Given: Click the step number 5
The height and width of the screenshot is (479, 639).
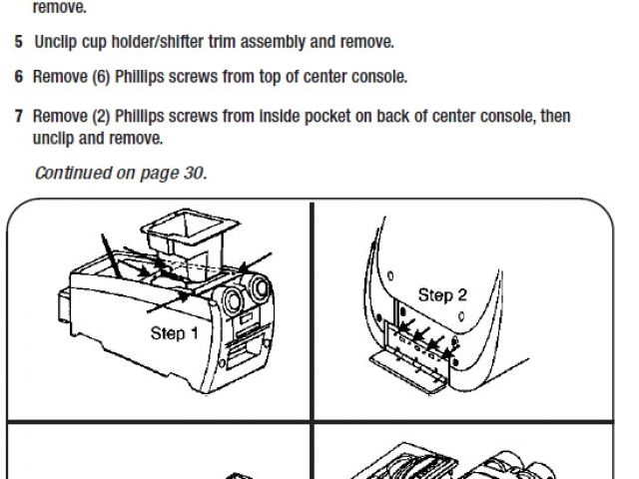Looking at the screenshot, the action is pyautogui.click(x=19, y=42).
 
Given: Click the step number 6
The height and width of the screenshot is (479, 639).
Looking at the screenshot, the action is pyautogui.click(x=19, y=77).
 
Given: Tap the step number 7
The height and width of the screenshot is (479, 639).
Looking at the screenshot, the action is pyautogui.click(x=19, y=116).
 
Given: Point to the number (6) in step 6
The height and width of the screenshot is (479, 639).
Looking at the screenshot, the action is pyautogui.click(x=101, y=77).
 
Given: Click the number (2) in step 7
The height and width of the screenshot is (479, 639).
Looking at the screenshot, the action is pyautogui.click(x=101, y=116).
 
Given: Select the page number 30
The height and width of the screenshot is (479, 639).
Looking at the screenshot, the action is pyautogui.click(x=193, y=173).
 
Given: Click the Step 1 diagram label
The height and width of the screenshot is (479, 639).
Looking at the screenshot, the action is pyautogui.click(x=175, y=333).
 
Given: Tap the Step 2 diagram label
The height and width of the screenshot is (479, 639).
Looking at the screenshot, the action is pyautogui.click(x=442, y=295).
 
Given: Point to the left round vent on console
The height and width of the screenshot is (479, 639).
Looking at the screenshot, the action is pyautogui.click(x=233, y=300).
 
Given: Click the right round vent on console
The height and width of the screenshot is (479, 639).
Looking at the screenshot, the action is pyautogui.click(x=260, y=287).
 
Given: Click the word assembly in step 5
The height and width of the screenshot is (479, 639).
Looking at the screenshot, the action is pyautogui.click(x=273, y=42).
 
